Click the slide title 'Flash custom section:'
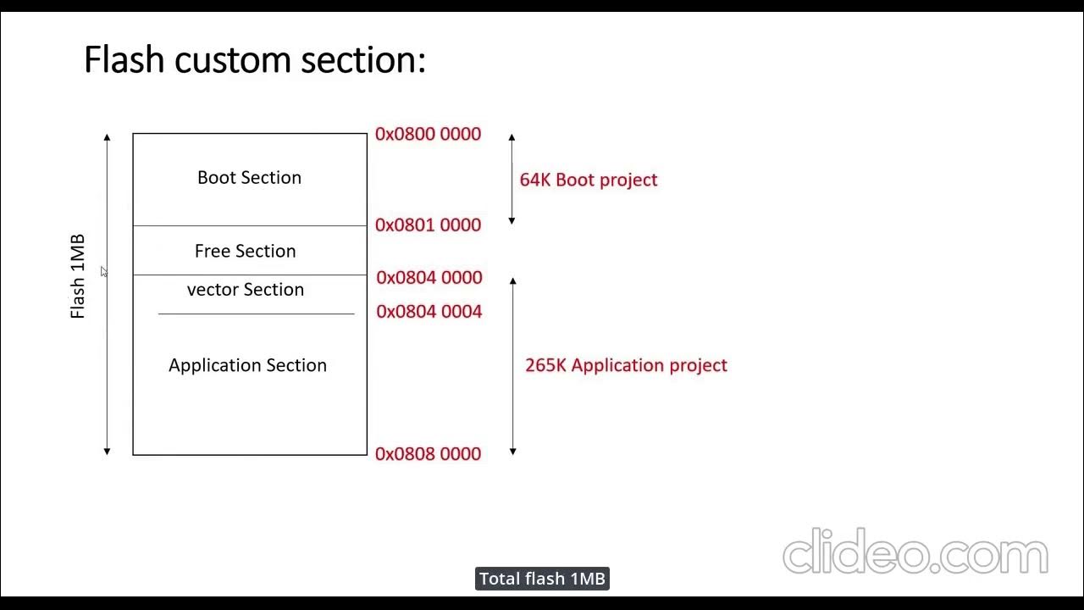pyautogui.click(x=254, y=61)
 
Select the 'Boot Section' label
pyautogui.click(x=249, y=178)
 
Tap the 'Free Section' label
pyautogui.click(x=245, y=252)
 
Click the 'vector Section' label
pyautogui.click(x=245, y=290)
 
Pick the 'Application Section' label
pyautogui.click(x=247, y=365)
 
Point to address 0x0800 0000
pyautogui.click(x=428, y=134)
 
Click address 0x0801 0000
pyautogui.click(x=428, y=225)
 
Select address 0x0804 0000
pyautogui.click(x=429, y=278)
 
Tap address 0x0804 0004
pyautogui.click(x=429, y=312)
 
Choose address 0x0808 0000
pyautogui.click(x=428, y=454)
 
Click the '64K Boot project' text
pyautogui.click(x=588, y=180)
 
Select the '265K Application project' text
pyautogui.click(x=626, y=365)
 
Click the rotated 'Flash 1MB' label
pyautogui.click(x=78, y=276)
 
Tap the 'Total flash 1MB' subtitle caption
pyautogui.click(x=542, y=579)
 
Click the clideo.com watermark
pyautogui.click(x=915, y=552)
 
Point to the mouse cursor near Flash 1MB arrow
pyautogui.click(x=104, y=271)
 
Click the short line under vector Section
pyautogui.click(x=256, y=314)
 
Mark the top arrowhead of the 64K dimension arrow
pyautogui.click(x=512, y=136)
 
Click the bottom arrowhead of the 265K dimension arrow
pyautogui.click(x=512, y=452)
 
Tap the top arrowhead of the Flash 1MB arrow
pyautogui.click(x=107, y=136)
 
